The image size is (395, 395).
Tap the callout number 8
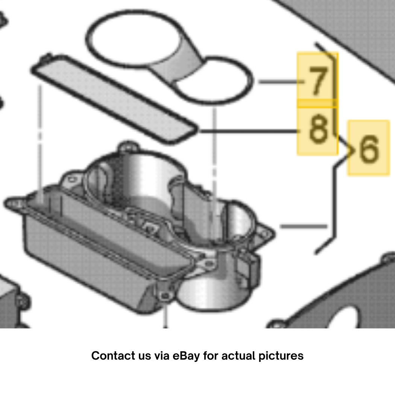click(x=318, y=129)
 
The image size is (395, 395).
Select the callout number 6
click(x=369, y=149)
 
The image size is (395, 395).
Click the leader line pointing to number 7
click(x=281, y=82)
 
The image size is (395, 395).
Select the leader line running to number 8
click(x=249, y=131)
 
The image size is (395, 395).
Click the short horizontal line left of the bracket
click(x=304, y=226)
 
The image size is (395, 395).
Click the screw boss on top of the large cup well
click(x=128, y=147)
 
